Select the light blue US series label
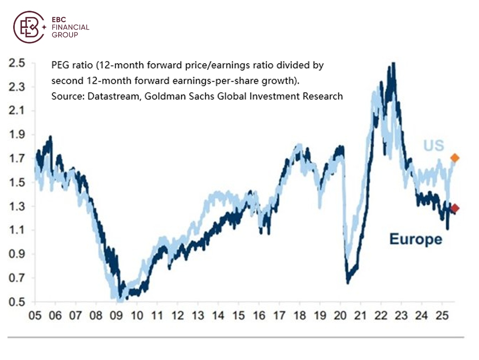tap(433, 145)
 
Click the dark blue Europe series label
tap(416, 239)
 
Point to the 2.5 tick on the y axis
tap(17, 63)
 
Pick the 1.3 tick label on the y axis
tap(17, 207)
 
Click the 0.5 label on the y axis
tap(17, 302)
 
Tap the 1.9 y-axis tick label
tap(17, 135)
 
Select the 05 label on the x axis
tap(35, 316)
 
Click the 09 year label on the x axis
tap(116, 316)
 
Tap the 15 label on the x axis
tap(238, 316)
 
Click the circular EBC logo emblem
tap(29, 27)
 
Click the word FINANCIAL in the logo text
tap(71, 28)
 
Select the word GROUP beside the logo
tap(65, 35)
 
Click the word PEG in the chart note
tap(59, 65)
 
